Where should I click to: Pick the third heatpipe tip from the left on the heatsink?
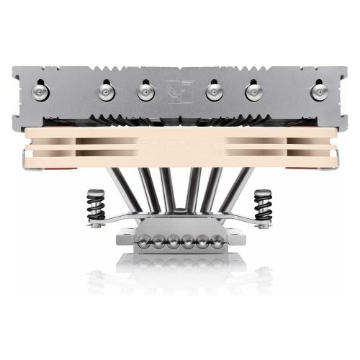[x=145, y=91]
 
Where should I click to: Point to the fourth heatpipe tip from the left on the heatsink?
[x=213, y=91]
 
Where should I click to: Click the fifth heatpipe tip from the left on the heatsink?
[x=251, y=91]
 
